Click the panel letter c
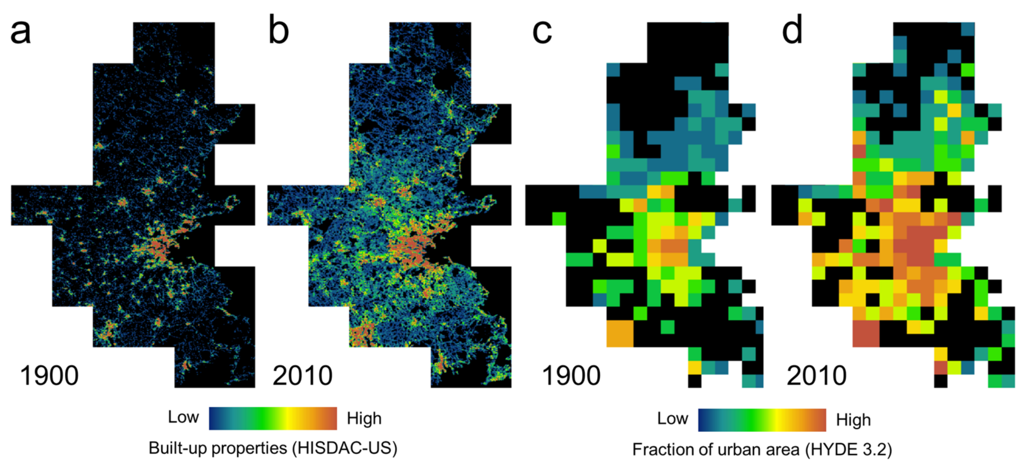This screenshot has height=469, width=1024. (542, 32)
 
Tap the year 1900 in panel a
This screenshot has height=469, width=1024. (49, 375)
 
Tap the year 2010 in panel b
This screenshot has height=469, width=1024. (302, 375)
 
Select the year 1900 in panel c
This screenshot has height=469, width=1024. (571, 375)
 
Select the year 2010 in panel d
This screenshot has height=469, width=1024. (816, 375)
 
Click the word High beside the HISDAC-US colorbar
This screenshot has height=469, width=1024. (364, 418)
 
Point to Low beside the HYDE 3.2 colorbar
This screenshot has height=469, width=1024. (672, 418)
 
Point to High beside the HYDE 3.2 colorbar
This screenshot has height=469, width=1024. (853, 420)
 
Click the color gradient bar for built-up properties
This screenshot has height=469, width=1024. (273, 418)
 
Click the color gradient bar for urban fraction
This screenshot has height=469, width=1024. (762, 420)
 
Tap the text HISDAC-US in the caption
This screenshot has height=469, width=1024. (344, 448)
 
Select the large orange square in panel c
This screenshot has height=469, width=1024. (620, 333)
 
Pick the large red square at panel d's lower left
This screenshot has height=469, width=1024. (866, 333)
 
